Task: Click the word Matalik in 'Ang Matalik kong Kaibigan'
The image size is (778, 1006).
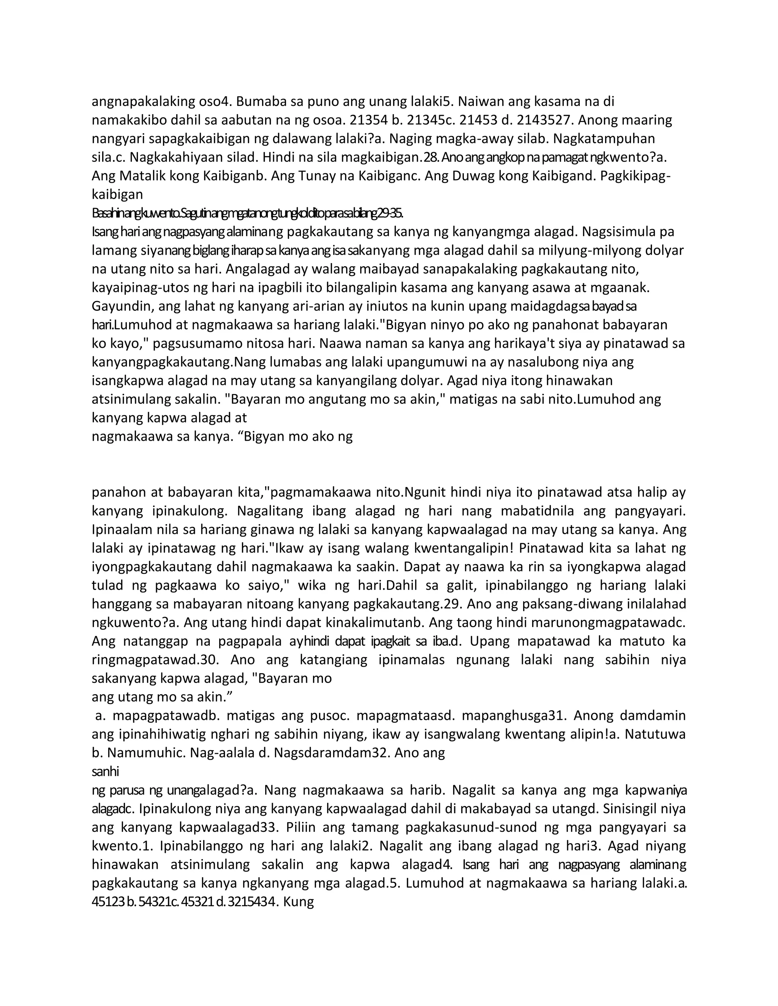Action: [144, 176]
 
